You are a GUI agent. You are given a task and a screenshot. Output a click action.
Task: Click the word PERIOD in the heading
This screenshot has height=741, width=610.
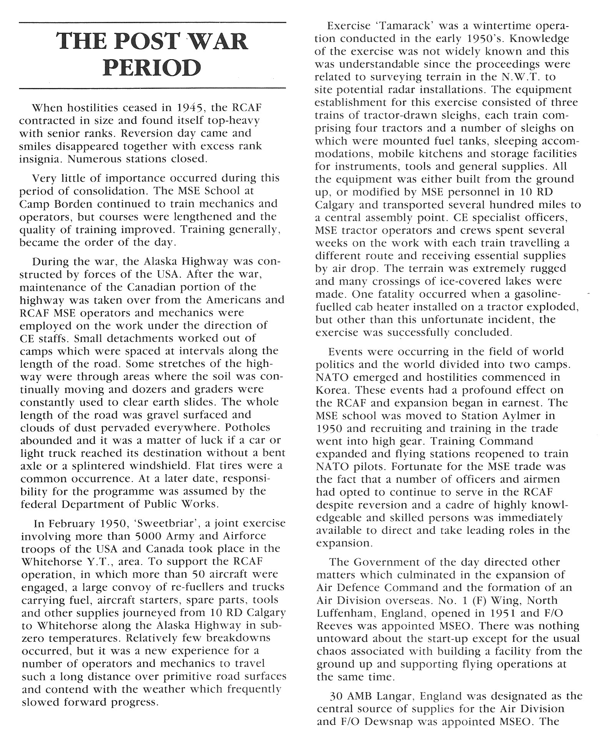coord(153,67)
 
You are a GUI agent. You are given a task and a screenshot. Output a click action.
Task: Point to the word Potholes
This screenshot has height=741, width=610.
coord(248,428)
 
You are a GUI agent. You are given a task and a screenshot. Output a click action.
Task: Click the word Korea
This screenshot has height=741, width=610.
coord(333,390)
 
